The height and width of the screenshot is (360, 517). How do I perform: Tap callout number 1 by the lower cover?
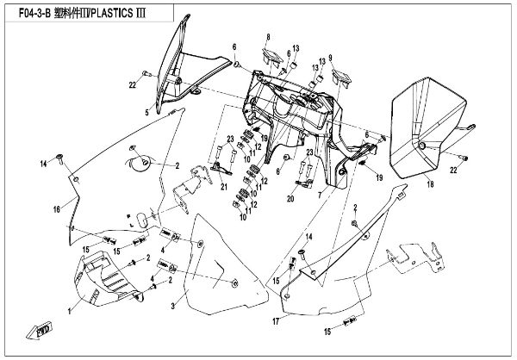coord(71,307)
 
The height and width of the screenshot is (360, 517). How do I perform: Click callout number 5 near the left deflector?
coord(146,112)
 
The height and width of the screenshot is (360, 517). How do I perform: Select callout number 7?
coord(320,196)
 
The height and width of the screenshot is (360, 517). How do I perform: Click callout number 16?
coord(58,208)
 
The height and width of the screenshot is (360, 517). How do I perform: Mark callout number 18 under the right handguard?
coord(429,183)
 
